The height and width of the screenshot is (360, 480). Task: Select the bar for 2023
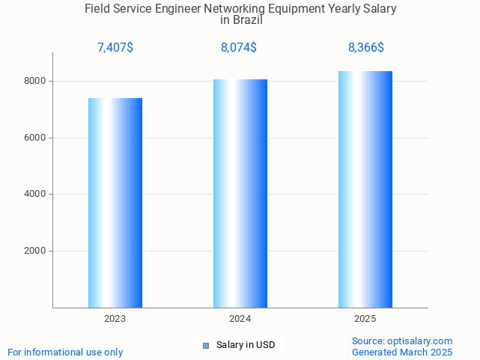click(x=115, y=203)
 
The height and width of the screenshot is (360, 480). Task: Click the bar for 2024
click(x=240, y=193)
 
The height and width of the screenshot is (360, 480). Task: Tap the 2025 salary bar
click(x=365, y=189)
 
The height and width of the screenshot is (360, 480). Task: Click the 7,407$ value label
click(x=115, y=48)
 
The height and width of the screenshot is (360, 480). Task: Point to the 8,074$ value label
click(x=239, y=48)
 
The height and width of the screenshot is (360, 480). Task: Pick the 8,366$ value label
click(x=366, y=48)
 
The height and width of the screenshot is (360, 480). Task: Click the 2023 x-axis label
click(x=115, y=319)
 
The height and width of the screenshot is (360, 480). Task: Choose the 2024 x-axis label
click(x=240, y=319)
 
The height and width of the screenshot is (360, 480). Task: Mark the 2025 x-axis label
click(x=365, y=319)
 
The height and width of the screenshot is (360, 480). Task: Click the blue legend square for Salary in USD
click(x=207, y=345)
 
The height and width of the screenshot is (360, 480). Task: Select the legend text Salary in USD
click(x=246, y=345)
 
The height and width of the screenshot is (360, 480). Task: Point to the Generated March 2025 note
click(x=402, y=352)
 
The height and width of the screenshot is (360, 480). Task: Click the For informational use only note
click(x=65, y=352)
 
